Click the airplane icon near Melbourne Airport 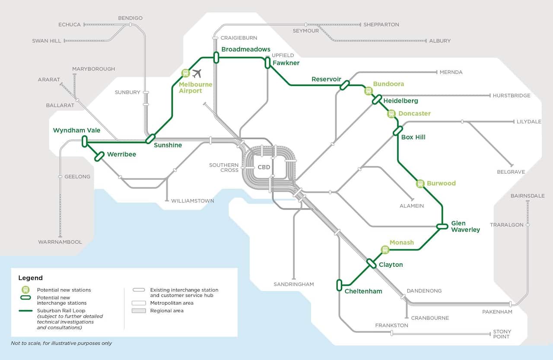coord(197,73)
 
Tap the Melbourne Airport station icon coord(186,73)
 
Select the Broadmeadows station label coord(246,49)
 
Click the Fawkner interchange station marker coord(267,63)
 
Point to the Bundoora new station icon coord(369,91)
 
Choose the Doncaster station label coord(414,114)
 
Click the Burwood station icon coord(420,184)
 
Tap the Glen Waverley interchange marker coord(442,226)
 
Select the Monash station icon coord(385,250)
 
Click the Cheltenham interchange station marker coord(339,285)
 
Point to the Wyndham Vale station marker coord(85,141)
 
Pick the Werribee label coord(121,154)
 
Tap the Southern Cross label coord(224,168)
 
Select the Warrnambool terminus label coord(60,242)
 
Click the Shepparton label coord(381,25)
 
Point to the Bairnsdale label coord(528,196)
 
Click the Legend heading coord(30,278)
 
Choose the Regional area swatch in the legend coord(139,311)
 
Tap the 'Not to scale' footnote coord(61,343)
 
